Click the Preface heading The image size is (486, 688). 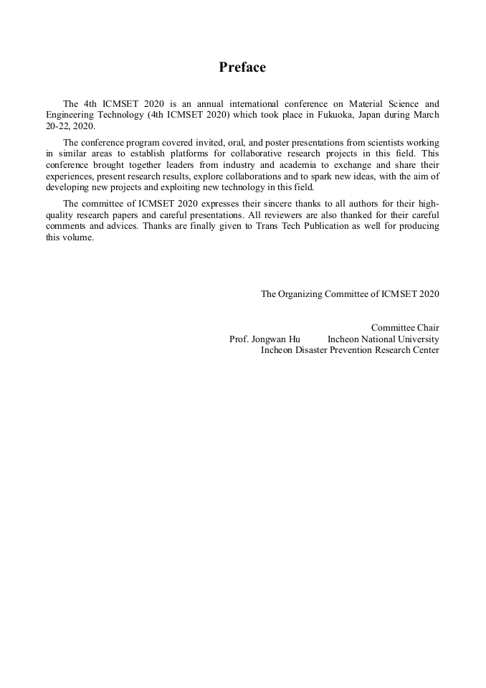[x=242, y=67]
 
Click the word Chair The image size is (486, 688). [x=427, y=328]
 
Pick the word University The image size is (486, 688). [x=417, y=339]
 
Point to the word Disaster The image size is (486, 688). [x=313, y=349]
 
